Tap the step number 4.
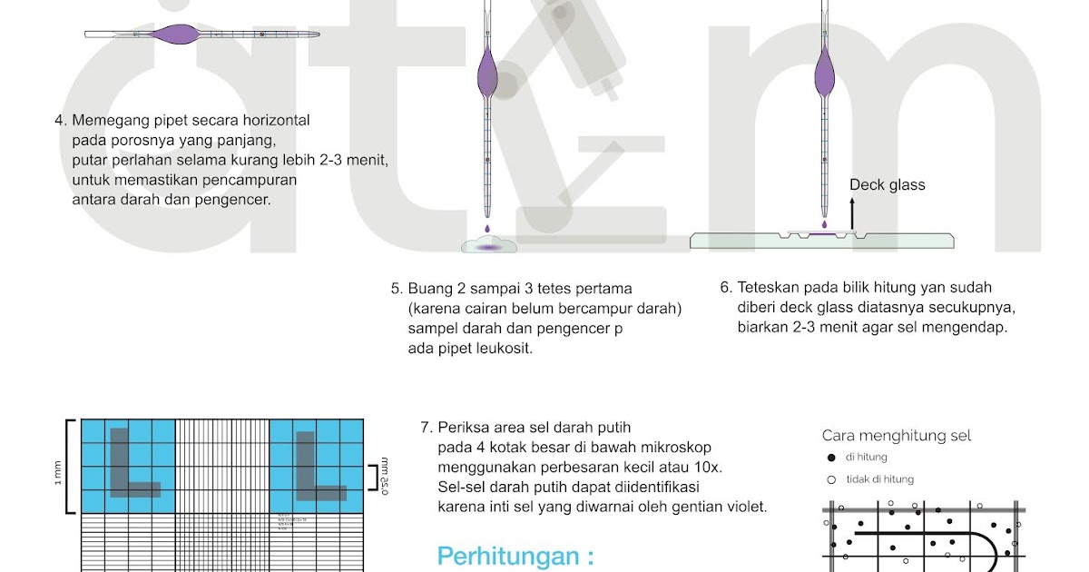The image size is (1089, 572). [60, 121]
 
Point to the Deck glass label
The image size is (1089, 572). [887, 185]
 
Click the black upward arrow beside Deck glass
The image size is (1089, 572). [852, 214]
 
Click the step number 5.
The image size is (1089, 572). [396, 290]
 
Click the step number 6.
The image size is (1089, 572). [726, 288]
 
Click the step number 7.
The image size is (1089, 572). [426, 428]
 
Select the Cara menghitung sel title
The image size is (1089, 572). [896, 436]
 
